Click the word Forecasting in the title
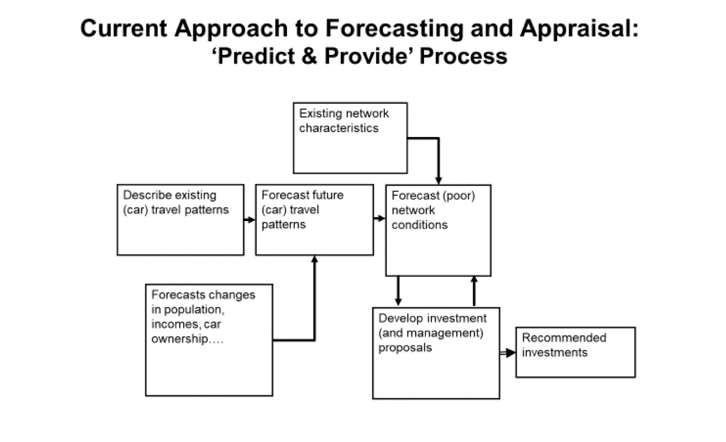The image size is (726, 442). (x=394, y=28)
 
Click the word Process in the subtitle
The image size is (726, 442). (x=463, y=56)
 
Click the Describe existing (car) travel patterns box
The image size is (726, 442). (x=180, y=233)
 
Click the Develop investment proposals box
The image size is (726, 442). (x=436, y=374)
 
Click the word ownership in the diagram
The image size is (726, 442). (x=180, y=339)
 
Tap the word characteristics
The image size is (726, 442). (x=339, y=128)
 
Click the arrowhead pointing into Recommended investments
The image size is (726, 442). (x=510, y=353)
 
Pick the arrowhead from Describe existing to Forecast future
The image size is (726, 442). (x=251, y=219)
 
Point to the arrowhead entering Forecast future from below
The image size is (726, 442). (x=314, y=259)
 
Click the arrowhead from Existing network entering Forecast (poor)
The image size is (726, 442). (x=438, y=180)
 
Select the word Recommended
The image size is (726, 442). (x=564, y=338)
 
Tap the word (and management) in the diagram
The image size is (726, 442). (x=431, y=333)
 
